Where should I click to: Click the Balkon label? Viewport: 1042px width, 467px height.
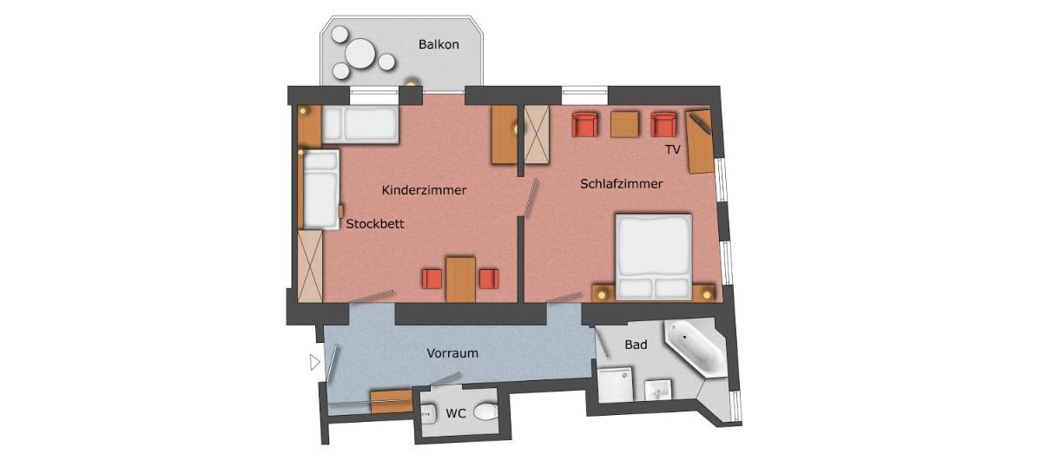[439, 44]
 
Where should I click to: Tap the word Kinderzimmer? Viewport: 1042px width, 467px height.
[424, 190]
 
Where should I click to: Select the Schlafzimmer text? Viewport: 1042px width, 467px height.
[622, 184]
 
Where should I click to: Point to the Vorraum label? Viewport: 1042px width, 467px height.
[452, 353]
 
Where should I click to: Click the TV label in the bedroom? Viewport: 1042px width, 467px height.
[673, 150]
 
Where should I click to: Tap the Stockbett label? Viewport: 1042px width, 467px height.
[375, 224]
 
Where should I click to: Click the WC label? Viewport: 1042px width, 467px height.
[455, 413]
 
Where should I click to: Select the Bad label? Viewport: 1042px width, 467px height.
[636, 345]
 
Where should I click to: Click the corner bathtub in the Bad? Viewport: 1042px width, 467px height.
[696, 347]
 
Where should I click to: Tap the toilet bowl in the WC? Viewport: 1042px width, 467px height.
[486, 411]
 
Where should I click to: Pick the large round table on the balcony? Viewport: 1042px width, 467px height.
[360, 53]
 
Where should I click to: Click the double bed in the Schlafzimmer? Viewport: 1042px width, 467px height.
[654, 256]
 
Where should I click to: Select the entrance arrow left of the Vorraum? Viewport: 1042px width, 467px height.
[315, 362]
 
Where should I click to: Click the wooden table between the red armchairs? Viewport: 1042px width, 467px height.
[624, 124]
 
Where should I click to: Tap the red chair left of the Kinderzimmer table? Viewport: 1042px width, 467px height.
[432, 279]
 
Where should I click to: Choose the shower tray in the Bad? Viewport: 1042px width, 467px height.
[616, 385]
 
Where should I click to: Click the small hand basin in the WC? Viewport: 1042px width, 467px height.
[428, 413]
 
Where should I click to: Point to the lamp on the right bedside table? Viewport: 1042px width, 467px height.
[707, 294]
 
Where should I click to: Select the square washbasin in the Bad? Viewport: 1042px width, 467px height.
[658, 390]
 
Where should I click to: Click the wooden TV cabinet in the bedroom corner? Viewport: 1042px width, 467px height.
[700, 141]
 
